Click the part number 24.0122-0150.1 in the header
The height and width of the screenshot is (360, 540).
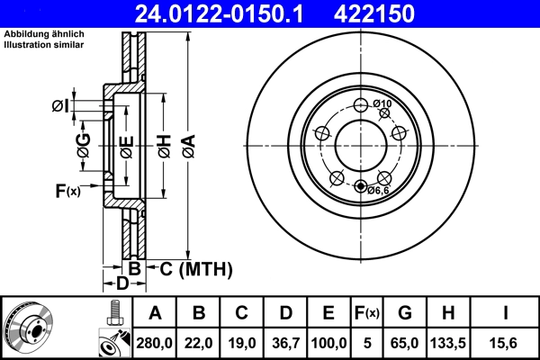tap(235, 13)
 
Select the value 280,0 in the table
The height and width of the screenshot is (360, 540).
tap(155, 342)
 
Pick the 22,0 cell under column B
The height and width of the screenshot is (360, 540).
tap(200, 342)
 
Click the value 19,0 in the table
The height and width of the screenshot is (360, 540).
tap(243, 342)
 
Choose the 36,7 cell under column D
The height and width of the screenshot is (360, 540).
tap(285, 342)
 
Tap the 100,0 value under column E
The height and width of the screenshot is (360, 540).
tap(329, 342)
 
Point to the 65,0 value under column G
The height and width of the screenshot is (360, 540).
tap(405, 342)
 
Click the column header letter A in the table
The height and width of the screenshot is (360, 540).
tap(155, 313)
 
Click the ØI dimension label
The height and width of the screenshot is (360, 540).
tap(59, 106)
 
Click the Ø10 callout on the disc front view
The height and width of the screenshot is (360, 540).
tap(382, 104)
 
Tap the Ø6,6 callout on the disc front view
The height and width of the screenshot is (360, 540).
tap(378, 190)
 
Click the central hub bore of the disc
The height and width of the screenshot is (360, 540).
tap(360, 145)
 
